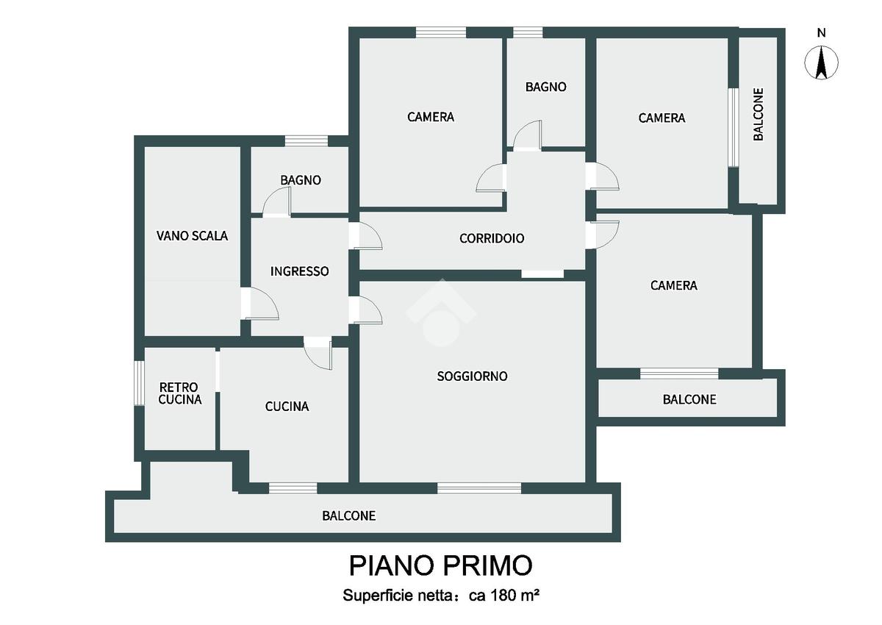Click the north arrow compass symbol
(821, 63)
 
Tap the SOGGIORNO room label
(472, 376)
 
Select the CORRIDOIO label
(492, 238)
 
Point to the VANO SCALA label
(192, 236)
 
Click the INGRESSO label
(300, 271)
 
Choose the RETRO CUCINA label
(180, 393)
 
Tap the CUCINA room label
(287, 407)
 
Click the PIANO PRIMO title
(440, 565)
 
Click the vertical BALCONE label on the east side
(759, 114)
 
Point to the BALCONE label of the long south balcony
(349, 516)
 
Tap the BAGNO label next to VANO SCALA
(301, 180)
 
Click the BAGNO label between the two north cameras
(546, 87)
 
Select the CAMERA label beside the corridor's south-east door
(674, 285)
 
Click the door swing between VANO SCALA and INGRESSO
(261, 304)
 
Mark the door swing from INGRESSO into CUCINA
(318, 353)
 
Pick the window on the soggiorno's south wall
(479, 488)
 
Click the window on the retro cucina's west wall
(140, 383)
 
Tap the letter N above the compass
(822, 34)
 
